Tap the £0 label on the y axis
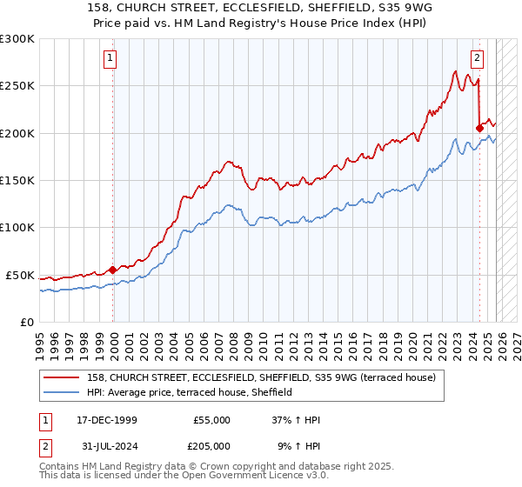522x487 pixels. (26, 322)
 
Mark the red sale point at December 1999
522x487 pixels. (112, 270)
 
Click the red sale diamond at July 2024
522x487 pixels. (479, 128)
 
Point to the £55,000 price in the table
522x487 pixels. (211, 420)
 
